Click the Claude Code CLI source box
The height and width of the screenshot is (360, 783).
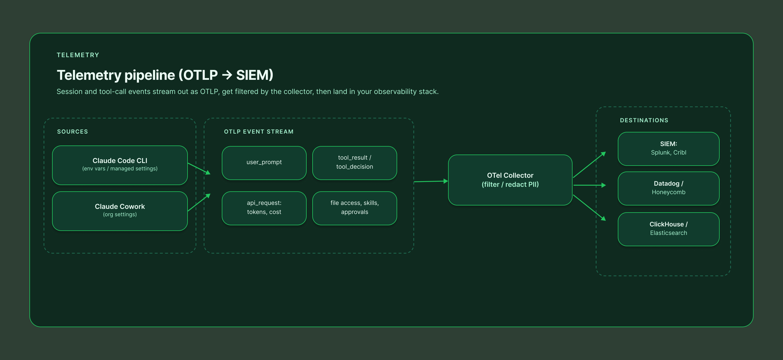pyautogui.click(x=120, y=165)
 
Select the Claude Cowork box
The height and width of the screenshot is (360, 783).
pyautogui.click(x=120, y=211)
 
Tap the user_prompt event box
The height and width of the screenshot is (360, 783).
pyautogui.click(x=264, y=163)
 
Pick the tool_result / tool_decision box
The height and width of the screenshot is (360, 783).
pyautogui.click(x=354, y=163)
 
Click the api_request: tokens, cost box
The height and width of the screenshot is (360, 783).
pyautogui.click(x=264, y=208)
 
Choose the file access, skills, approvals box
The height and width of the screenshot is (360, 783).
pyautogui.click(x=354, y=208)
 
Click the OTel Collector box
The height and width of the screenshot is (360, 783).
pyautogui.click(x=510, y=180)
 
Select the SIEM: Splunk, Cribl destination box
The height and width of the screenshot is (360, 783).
pyautogui.click(x=668, y=149)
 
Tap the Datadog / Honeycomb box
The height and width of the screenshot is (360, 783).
pyautogui.click(x=668, y=188)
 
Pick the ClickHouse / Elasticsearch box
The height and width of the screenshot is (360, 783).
pyautogui.click(x=668, y=229)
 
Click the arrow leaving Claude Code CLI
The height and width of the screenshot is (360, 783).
pyautogui.click(x=199, y=169)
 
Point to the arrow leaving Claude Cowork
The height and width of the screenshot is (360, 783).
pyautogui.click(x=199, y=202)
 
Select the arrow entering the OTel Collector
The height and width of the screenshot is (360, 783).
pyautogui.click(x=431, y=181)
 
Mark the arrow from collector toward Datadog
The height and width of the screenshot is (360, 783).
pyautogui.click(x=590, y=185)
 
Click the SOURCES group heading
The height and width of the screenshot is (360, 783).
pyautogui.click(x=72, y=132)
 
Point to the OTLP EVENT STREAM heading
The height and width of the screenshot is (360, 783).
pyautogui.click(x=259, y=132)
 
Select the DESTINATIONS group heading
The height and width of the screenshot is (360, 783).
pyautogui.click(x=644, y=120)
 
